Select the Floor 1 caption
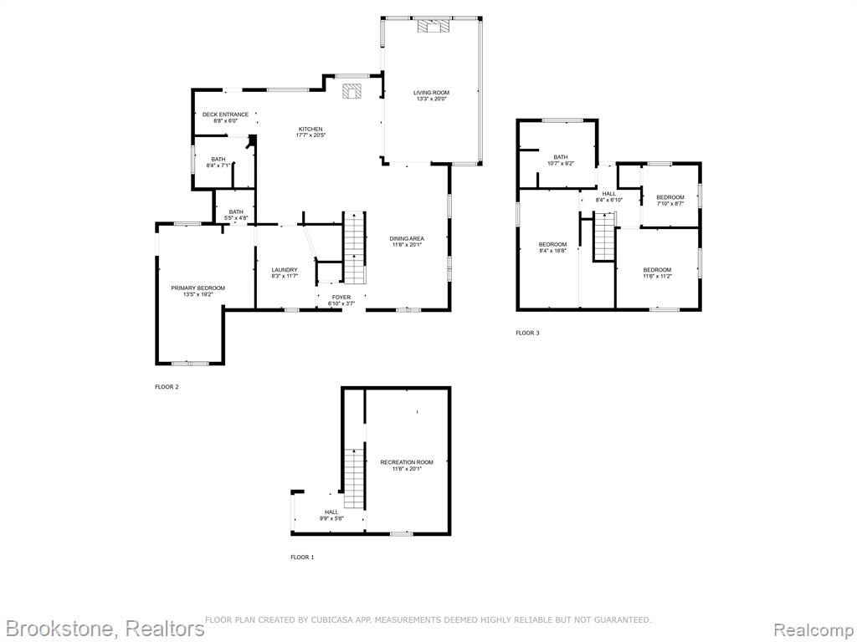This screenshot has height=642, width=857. coord(302,558)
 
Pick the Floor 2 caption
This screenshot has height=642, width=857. coord(167,387)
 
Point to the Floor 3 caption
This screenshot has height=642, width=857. coord(527,333)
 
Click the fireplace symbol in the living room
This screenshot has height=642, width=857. coord(434,26)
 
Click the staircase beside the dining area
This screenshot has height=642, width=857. coord(355,247)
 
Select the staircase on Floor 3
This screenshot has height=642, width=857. coord(605,237)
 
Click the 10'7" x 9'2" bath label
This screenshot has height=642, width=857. coord(561,160)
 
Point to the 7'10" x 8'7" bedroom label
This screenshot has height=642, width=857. coord(670,201)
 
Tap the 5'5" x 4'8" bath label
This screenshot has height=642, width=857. coord(236,215)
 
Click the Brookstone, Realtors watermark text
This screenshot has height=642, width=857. coord(103,629)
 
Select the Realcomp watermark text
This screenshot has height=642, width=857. coord(813,629)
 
